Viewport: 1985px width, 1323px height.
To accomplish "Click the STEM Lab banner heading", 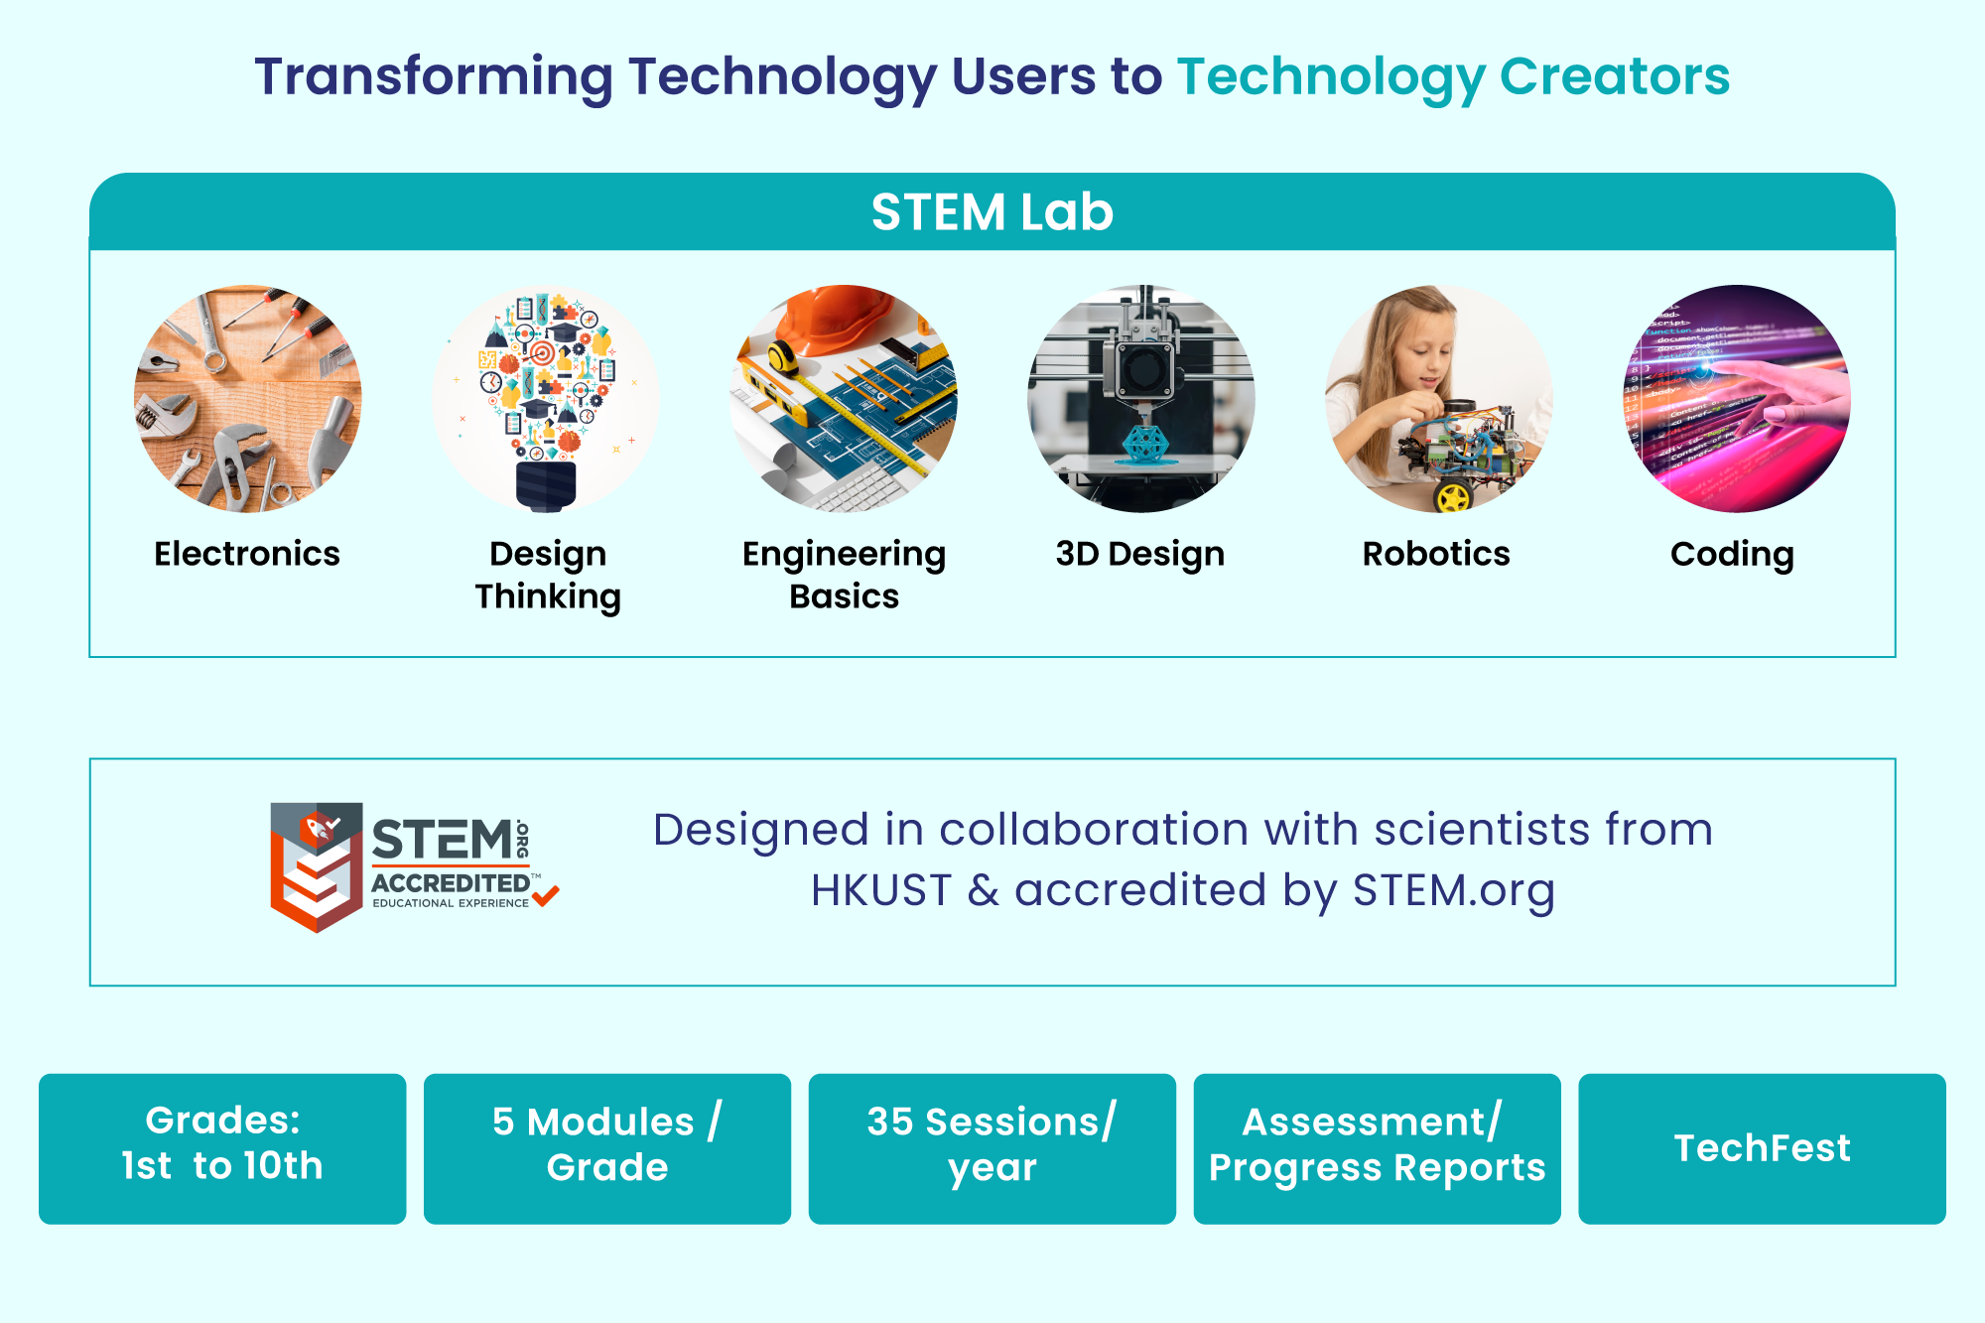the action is coord(992,211).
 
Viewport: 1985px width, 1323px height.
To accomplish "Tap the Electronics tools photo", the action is coord(248,399).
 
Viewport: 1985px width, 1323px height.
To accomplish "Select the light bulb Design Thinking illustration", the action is coord(546,399).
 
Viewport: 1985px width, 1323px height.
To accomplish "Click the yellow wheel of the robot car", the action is coord(1453,494).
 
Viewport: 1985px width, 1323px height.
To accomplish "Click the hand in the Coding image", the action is coord(1786,392).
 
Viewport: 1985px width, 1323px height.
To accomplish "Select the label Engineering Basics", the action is coord(844,575).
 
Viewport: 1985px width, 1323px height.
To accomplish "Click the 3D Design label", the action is coord(1140,554).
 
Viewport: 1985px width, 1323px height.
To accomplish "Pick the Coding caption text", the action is coord(1732,555).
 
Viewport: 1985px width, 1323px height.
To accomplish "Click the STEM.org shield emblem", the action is coord(317,866).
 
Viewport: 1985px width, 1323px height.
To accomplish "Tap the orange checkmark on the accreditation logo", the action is coord(546,895).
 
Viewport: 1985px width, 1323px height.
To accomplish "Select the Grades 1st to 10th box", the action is coord(222,1148).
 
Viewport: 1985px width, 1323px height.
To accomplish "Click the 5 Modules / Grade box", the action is coord(607,1148).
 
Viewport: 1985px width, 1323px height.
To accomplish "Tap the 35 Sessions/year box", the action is coord(992,1148).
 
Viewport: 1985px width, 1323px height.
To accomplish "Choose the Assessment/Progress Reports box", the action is coord(1378,1148).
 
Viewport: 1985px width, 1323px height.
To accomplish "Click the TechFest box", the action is coord(1763,1148).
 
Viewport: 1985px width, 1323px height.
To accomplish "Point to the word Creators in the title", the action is coord(1615,76).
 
